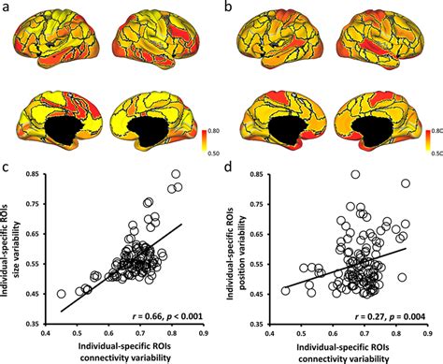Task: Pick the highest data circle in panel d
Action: tap(356, 174)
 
